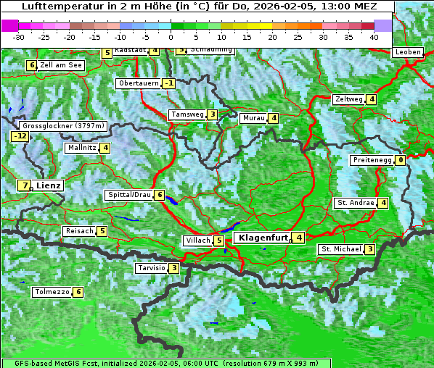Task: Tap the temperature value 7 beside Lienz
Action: [x=25, y=185]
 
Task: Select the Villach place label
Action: [x=197, y=241]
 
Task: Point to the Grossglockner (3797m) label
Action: [x=65, y=125]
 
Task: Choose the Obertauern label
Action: [x=138, y=83]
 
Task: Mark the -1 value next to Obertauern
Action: [x=169, y=83]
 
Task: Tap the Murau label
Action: [x=253, y=118]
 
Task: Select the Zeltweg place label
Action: [x=348, y=99]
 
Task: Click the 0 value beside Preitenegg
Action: [x=401, y=160]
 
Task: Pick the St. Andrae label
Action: [x=355, y=203]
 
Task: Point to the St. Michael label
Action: [x=341, y=249]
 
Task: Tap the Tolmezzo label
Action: [x=52, y=293]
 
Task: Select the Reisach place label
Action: [x=79, y=231]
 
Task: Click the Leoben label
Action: [x=408, y=52]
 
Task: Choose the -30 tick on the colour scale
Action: [x=19, y=36]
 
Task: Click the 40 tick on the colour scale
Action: [x=374, y=36]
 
